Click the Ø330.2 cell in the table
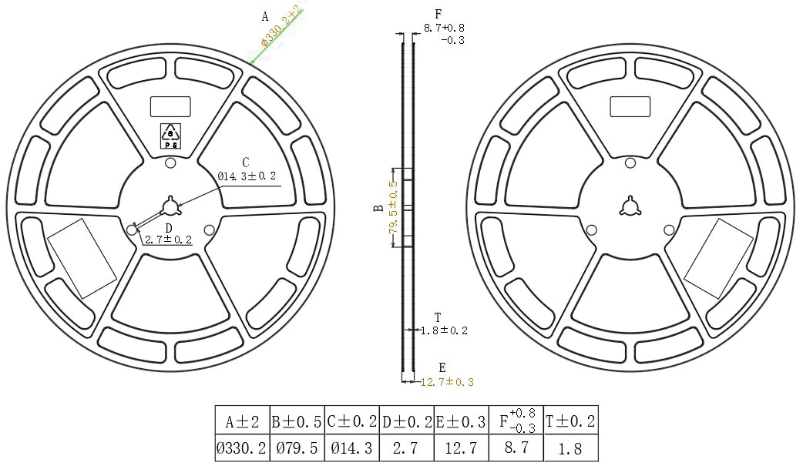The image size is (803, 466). point(242,448)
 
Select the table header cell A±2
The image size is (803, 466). point(242,421)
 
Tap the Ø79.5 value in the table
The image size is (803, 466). point(297,448)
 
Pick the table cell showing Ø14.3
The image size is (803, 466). point(352,448)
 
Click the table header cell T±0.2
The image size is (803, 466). point(571,421)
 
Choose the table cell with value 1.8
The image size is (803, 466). point(571,448)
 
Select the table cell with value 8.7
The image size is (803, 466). point(516,448)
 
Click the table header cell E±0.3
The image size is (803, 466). point(462,421)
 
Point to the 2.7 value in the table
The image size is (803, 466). point(408,448)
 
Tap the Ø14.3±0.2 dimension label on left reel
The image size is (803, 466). point(247,176)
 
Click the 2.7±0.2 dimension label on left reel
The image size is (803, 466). point(168,240)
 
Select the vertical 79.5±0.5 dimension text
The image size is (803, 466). point(393,208)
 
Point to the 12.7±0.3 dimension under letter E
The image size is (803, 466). point(447,381)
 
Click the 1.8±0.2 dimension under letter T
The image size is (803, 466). point(443,330)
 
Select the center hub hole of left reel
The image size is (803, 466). point(170,207)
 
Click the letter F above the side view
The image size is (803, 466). point(438,14)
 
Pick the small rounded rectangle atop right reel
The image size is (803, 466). point(630,106)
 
